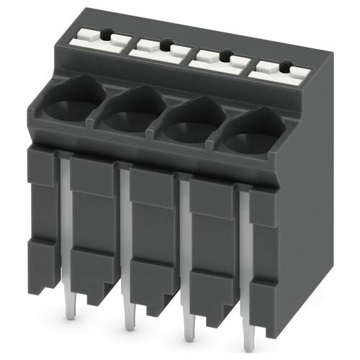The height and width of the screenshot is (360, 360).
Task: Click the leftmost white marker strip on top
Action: point(94,40)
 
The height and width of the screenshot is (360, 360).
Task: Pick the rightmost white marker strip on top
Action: point(278,70)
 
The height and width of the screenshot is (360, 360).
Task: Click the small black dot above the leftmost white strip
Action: point(106,32)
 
